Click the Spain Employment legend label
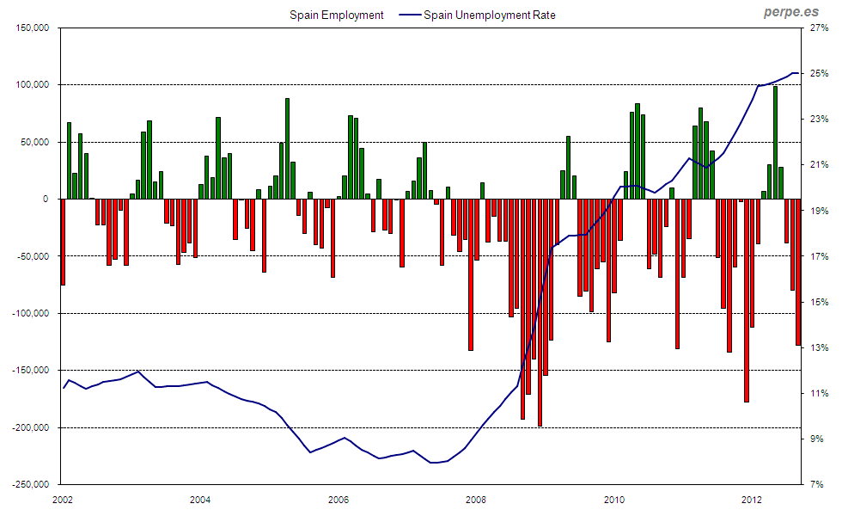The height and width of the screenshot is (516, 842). click(336, 15)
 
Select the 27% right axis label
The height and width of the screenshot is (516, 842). click(816, 28)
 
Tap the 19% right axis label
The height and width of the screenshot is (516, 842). click(816, 211)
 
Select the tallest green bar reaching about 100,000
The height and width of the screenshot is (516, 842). click(775, 143)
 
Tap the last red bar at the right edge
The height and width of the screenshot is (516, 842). click(798, 272)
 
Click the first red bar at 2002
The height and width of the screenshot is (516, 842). click(63, 242)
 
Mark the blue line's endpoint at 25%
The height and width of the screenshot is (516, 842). click(797, 73)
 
